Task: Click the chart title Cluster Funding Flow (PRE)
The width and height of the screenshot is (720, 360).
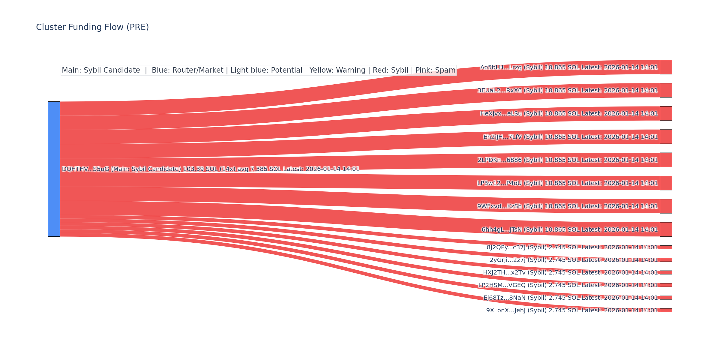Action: (x=92, y=27)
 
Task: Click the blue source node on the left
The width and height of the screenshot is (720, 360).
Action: (x=54, y=169)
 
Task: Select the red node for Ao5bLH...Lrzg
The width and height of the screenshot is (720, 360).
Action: (x=666, y=67)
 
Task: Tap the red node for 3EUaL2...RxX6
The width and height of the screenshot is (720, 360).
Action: (x=666, y=90)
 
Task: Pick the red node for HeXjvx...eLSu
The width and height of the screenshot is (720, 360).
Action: (x=666, y=113)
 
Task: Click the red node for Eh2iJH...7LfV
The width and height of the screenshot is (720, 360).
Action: (x=666, y=137)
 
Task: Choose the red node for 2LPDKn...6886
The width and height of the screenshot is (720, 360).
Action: (x=666, y=160)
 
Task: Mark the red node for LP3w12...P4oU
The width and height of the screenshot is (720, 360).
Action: (x=666, y=183)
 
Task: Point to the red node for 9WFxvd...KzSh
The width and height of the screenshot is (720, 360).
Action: (x=666, y=206)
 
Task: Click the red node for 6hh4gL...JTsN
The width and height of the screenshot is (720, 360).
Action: (x=666, y=229)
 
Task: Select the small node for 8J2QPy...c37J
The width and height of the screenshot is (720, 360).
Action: (x=666, y=247)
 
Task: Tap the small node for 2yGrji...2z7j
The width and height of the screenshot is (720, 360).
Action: (x=666, y=260)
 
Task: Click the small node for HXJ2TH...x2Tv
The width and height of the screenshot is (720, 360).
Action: (x=666, y=272)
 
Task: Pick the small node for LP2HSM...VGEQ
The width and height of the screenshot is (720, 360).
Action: (x=666, y=285)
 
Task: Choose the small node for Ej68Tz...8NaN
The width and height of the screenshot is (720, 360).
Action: (x=666, y=298)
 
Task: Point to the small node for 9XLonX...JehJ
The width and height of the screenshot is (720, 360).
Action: (x=666, y=310)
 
